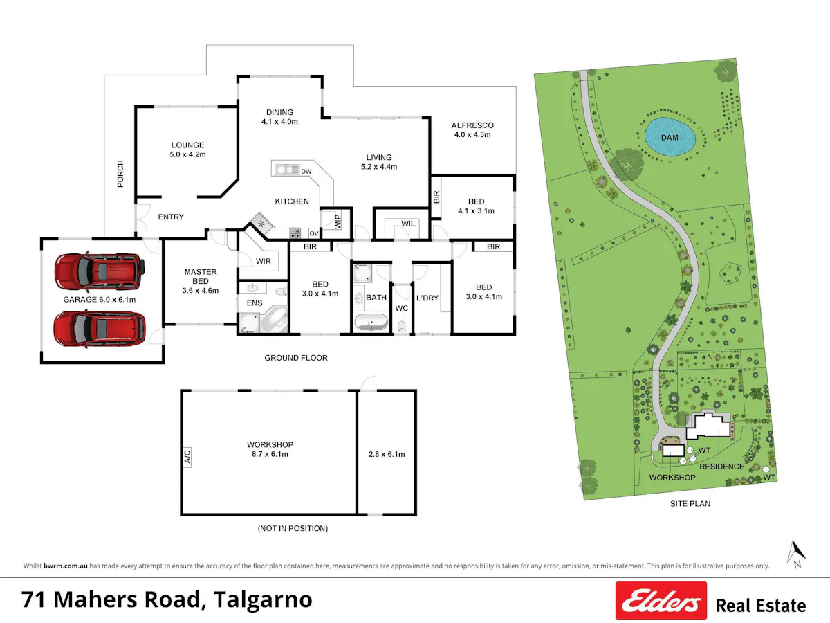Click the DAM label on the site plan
point(670,138)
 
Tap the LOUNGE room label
point(187,145)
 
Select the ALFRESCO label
point(472,125)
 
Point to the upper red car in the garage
point(100,271)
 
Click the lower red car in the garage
point(100,329)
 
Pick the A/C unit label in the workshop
point(187,458)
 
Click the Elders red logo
point(661,600)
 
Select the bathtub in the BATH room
point(371,323)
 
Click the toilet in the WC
point(402,326)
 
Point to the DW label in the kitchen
point(306,172)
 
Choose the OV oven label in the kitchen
point(314,233)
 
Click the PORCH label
point(120,174)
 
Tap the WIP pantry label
point(338,222)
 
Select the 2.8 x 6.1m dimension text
point(387,454)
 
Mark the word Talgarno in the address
point(263,600)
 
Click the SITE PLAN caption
point(690,503)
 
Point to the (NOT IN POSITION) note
point(293,528)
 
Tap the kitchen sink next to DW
point(287,170)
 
